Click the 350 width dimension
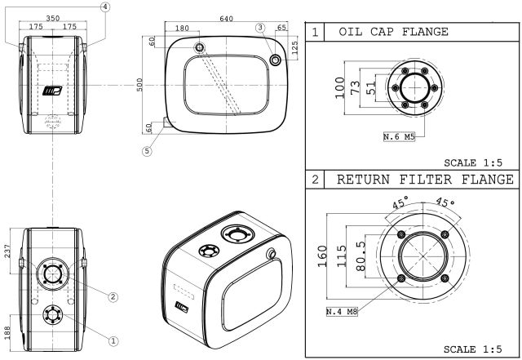coord(54,16)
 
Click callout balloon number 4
coord(105,7)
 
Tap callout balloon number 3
coord(260,27)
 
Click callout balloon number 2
coord(114,296)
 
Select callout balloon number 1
coord(114,340)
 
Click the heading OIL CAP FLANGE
coord(393,32)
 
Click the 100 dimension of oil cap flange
coord(340,87)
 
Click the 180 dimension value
coord(181,29)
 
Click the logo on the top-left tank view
coord(54,88)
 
